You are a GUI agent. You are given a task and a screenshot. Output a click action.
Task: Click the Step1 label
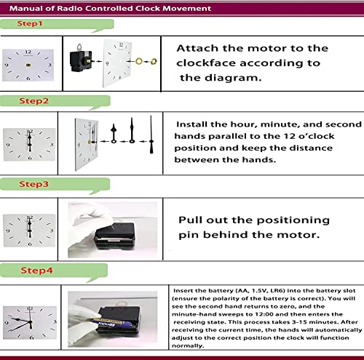tap(30, 23)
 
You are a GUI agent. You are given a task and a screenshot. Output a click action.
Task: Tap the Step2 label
tap(34, 101)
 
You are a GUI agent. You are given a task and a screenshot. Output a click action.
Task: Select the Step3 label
tap(34, 184)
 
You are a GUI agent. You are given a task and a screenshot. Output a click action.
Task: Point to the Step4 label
tap(36, 271)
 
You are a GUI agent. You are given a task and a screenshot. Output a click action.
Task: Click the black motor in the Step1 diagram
tap(80, 60)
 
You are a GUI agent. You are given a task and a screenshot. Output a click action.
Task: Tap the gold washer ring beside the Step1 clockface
tap(138, 61)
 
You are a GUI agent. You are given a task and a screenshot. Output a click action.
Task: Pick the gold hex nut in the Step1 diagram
tap(154, 61)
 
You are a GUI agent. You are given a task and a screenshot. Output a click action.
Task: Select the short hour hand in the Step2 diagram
tap(114, 133)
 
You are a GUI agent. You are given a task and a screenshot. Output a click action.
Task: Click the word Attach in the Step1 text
tap(197, 48)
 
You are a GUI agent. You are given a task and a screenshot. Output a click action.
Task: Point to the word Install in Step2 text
tap(191, 124)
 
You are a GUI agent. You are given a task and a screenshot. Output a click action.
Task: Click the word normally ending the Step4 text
tap(188, 346)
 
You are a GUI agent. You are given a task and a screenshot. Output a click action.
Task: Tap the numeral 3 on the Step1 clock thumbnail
tap(50, 65)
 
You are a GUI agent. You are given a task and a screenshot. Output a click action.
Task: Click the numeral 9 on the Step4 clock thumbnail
tap(7, 323)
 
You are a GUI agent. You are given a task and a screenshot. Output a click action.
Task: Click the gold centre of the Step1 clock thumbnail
tap(28, 65)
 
